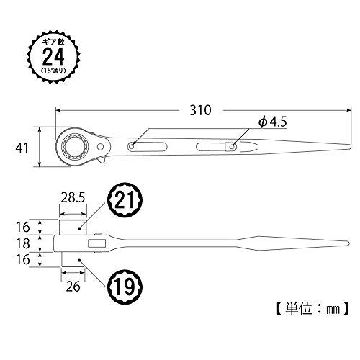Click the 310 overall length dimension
tap(200, 110)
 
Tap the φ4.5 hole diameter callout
tap(273, 122)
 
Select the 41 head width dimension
tap(22, 148)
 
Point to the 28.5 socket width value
tap(73, 198)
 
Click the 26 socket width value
tap(73, 287)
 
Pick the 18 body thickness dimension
tap(23, 243)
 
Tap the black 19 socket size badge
tap(125, 287)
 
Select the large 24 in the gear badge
tap(53, 57)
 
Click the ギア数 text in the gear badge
tap(53, 42)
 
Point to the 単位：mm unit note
tap(312, 309)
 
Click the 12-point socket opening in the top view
tap(75, 146)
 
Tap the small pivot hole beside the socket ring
tap(100, 146)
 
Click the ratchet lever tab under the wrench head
tap(102, 161)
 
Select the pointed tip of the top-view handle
tap(351, 146)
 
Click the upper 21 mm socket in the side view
tap(73, 227)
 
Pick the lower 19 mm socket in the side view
tap(73, 259)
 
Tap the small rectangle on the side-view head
tap(97, 243)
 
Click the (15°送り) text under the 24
tap(53, 71)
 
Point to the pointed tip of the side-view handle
tap(348, 243)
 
